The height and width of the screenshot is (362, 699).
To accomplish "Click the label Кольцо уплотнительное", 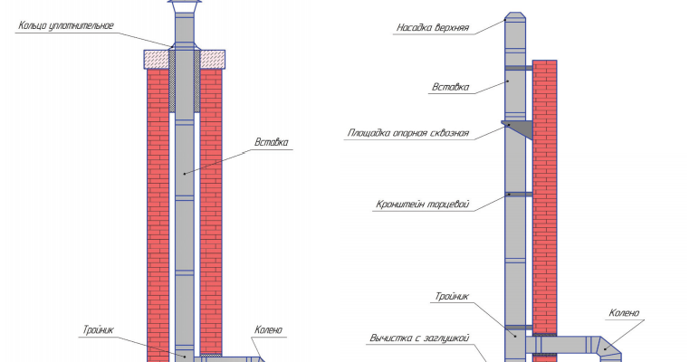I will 65,24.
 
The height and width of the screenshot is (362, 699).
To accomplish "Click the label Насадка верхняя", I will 432,27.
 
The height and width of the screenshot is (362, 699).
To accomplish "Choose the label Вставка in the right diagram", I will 453,88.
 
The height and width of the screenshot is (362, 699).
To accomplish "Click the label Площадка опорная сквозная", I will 407,133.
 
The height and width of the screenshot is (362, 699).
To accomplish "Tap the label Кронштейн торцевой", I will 422,205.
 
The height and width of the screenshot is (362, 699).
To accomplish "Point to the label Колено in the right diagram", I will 624,313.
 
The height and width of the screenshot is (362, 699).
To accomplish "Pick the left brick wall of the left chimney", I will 158,208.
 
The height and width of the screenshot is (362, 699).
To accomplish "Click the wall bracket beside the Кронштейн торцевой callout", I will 519,194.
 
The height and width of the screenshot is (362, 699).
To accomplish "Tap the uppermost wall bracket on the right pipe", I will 519,69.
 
